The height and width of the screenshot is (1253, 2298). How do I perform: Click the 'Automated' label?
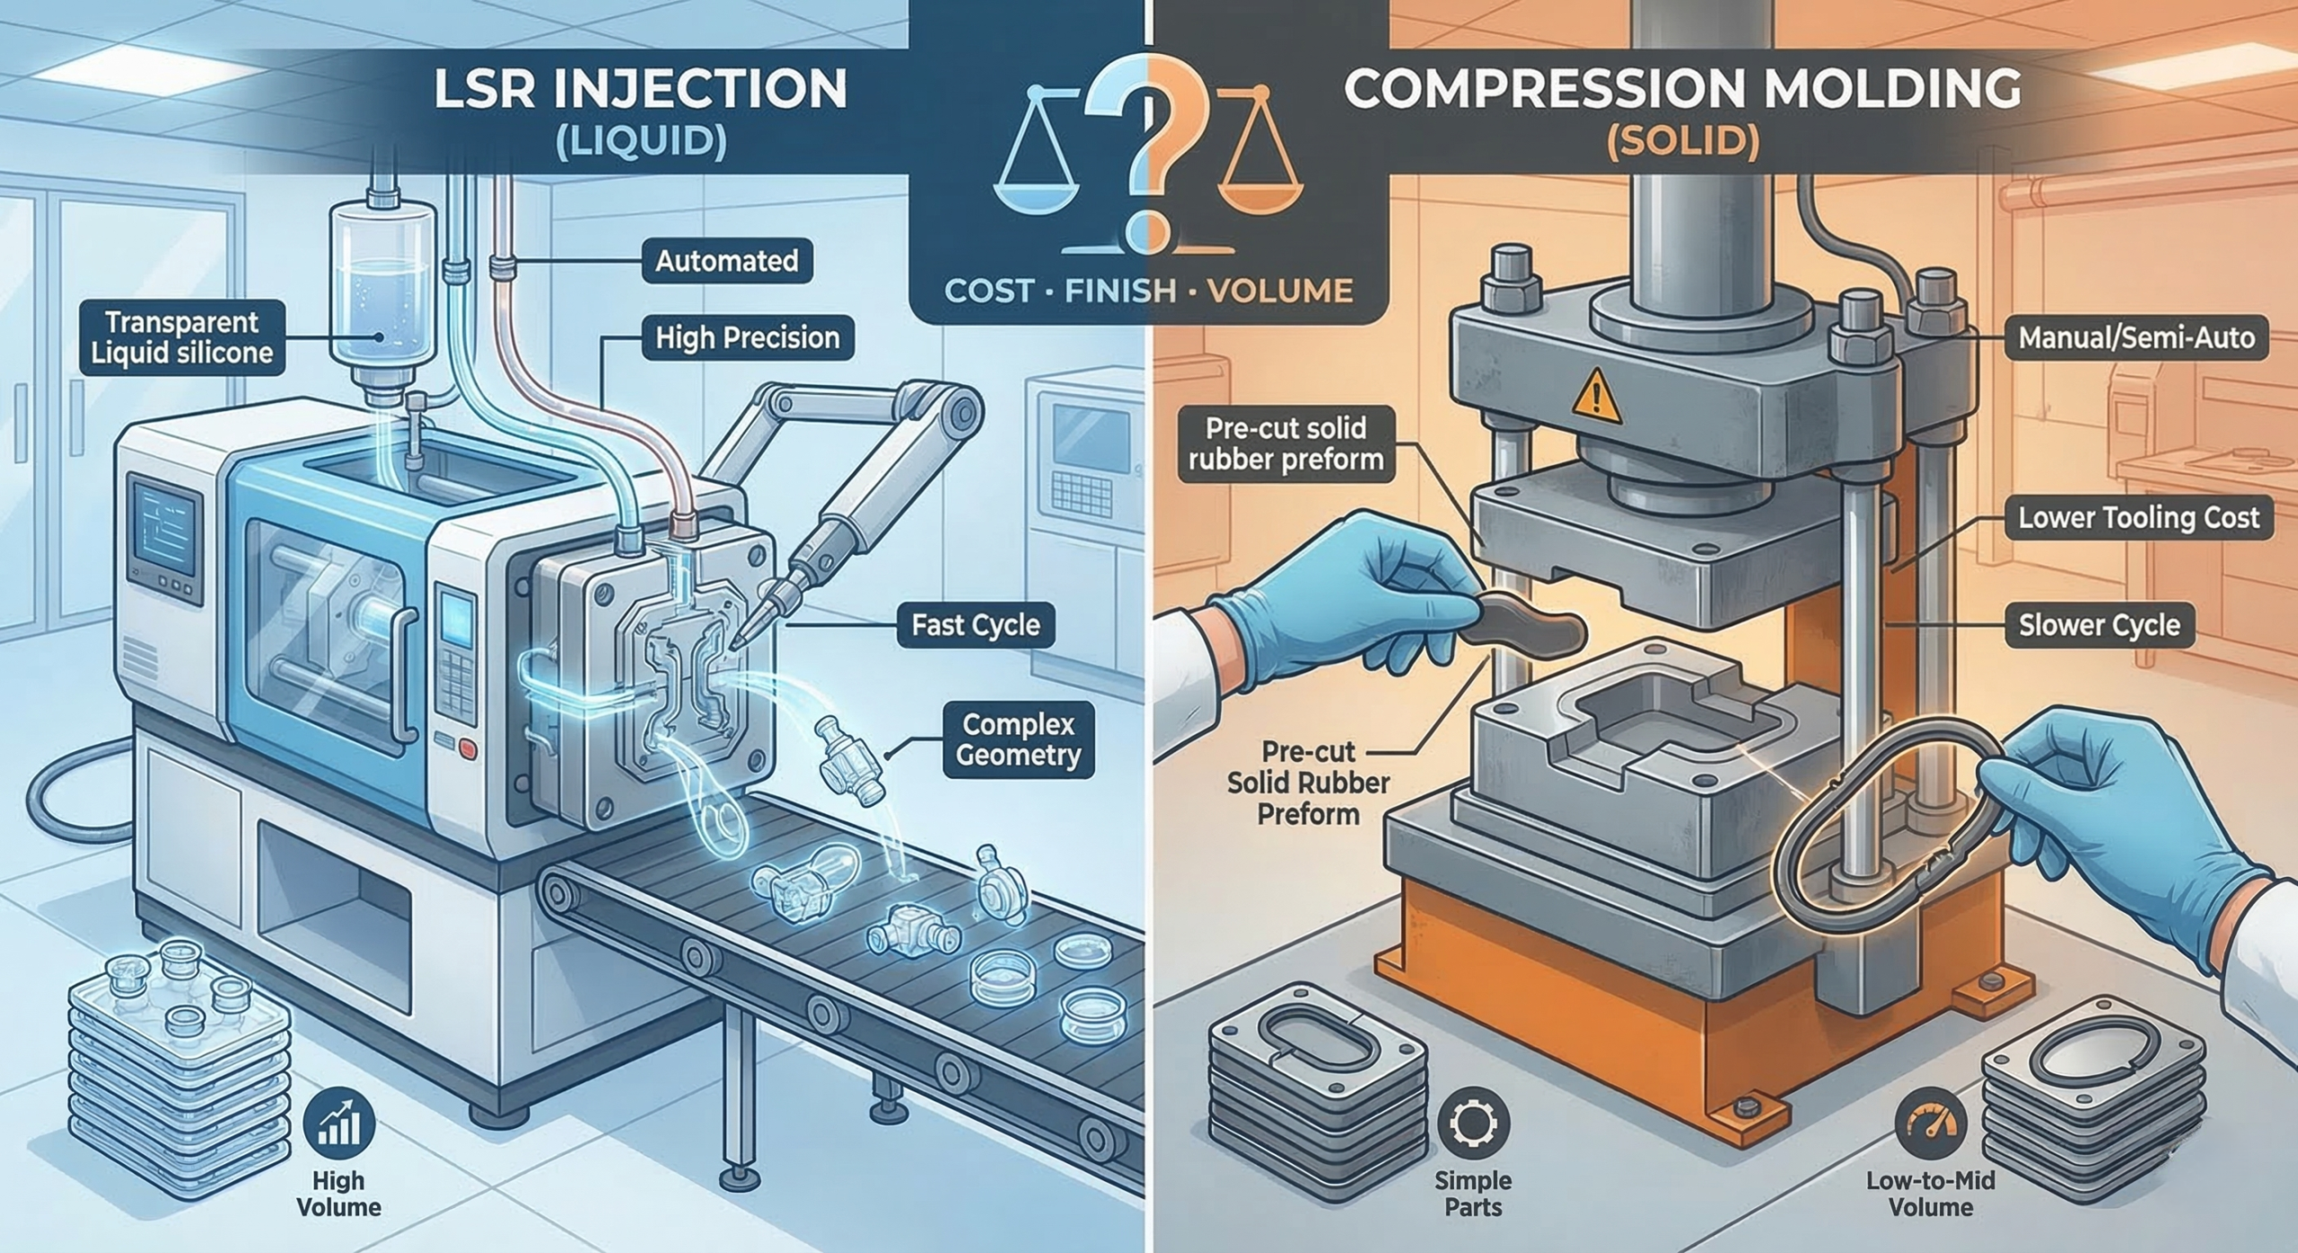coord(726,261)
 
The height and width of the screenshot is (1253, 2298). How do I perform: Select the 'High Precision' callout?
coord(747,337)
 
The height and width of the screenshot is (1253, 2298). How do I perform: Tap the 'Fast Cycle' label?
coord(975,625)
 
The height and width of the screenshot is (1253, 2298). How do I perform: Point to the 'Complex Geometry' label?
coord(1017,740)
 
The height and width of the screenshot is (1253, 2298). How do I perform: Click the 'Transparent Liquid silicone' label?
coord(181,337)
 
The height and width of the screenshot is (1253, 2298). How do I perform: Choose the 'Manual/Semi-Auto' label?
coord(2136,337)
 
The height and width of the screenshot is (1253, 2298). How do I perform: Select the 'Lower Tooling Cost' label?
coord(2138,518)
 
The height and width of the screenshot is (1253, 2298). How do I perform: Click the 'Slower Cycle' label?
coord(2099,625)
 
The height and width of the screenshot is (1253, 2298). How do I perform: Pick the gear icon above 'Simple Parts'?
coord(1473,1123)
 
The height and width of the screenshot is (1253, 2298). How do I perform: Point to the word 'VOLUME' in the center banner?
coord(1280,290)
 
